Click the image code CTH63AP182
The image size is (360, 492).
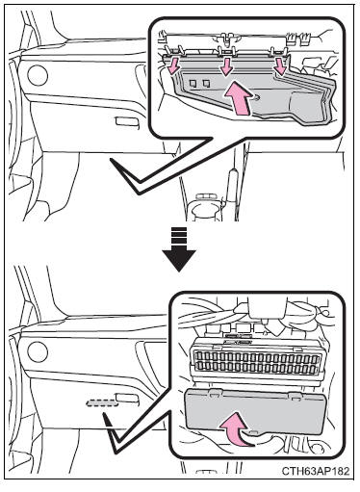tap(316, 471)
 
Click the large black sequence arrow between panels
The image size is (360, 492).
tap(179, 248)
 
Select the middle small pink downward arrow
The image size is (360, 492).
tap(226, 66)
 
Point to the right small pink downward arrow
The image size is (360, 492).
tap(281, 67)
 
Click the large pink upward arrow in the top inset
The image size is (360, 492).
tap(238, 97)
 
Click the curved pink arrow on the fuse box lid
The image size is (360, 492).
tap(236, 429)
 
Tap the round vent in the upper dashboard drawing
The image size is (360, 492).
tap(38, 75)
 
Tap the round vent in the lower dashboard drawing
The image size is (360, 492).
tap(38, 351)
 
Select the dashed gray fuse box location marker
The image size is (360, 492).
tap(102, 402)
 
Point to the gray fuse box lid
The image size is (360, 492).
tap(256, 411)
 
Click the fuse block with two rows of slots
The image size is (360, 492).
tap(256, 362)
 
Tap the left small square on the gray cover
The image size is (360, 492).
tap(193, 84)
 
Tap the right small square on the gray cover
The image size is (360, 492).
tap(206, 84)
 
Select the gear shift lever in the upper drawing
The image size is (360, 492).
tap(232, 186)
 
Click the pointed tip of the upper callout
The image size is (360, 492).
tap(139, 192)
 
